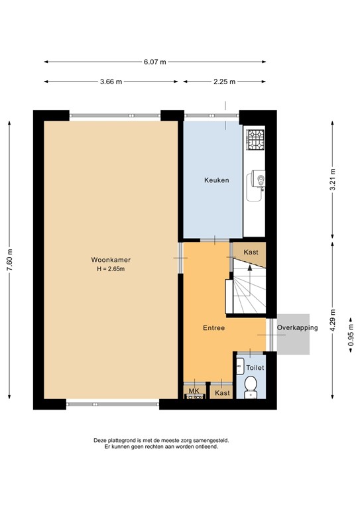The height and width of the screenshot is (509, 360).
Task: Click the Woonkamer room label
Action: tap(111, 260)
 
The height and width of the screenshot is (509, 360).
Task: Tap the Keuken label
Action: tap(217, 180)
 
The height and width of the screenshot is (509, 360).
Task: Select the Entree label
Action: tap(213, 328)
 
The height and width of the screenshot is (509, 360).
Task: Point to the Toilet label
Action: tap(255, 368)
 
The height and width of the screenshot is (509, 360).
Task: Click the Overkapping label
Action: tap(298, 327)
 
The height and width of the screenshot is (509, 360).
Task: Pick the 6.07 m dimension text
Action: tap(155, 62)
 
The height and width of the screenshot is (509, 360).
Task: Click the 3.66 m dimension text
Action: tap(111, 82)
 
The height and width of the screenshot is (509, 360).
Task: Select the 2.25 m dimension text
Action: tap(224, 82)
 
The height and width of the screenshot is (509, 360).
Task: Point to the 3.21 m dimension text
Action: tap(332, 180)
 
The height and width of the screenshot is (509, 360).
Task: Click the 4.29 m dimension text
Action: tap(332, 320)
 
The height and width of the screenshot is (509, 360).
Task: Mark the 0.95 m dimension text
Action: tap(351, 335)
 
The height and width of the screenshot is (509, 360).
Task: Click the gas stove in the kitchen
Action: tap(255, 140)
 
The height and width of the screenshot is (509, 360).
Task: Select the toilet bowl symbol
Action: tap(251, 387)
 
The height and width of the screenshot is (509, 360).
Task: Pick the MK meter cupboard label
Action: tap(194, 391)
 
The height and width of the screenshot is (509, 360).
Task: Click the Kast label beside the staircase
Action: tap(251, 253)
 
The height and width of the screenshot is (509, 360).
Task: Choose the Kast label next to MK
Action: tap(222, 393)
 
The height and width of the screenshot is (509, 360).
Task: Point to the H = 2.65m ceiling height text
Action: tap(111, 269)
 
